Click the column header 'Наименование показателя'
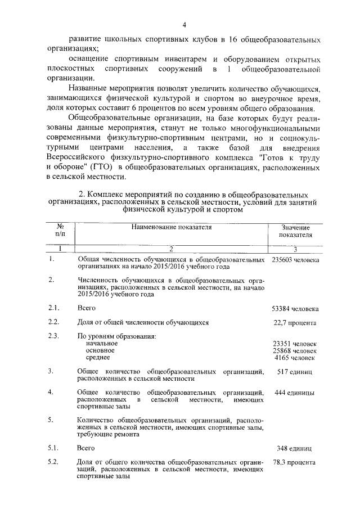pos(172,227)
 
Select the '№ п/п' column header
pos(60,231)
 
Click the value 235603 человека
pos(295,260)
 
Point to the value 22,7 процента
pos(295,323)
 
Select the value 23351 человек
pos(295,344)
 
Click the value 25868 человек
pos(295,351)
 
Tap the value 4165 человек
pos(296,358)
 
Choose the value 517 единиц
pos(295,372)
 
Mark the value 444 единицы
pos(295,393)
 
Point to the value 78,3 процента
pos(295,462)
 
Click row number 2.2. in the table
pos(54,323)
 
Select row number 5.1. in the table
pos(54,448)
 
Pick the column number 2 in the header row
pos(171,248)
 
